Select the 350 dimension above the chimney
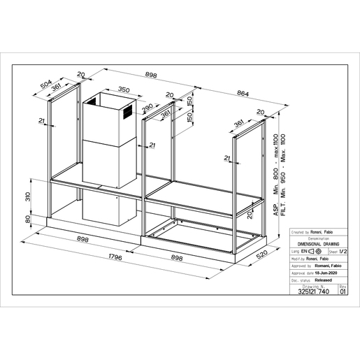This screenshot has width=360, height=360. [125, 89]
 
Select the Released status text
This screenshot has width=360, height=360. [317, 278]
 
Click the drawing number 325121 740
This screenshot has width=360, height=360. [311, 293]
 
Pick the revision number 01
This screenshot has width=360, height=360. [342, 293]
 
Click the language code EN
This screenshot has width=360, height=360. [305, 250]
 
